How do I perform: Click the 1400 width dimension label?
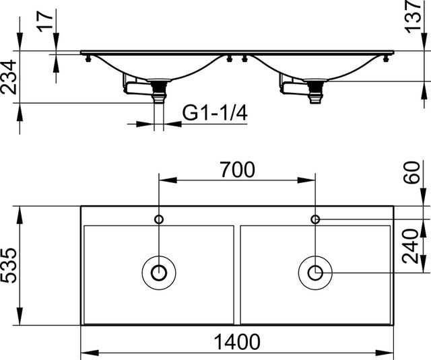click(x=236, y=342)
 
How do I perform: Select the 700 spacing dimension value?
click(x=237, y=170)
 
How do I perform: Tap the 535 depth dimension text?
click(x=8, y=265)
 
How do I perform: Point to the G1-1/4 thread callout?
click(x=215, y=112)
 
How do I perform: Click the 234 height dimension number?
click(x=8, y=77)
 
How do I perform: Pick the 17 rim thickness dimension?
click(x=45, y=21)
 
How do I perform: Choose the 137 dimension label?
click(x=413, y=16)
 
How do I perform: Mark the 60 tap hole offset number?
click(x=411, y=172)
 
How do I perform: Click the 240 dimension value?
click(x=410, y=246)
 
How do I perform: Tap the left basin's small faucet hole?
click(x=159, y=219)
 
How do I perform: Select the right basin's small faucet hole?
click(x=315, y=219)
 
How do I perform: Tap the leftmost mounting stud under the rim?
click(x=88, y=59)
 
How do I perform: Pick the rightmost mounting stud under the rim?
click(x=387, y=59)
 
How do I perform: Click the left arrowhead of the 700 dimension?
click(x=168, y=180)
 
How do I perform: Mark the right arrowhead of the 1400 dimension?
click(x=385, y=353)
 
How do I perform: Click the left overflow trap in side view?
click(x=137, y=85)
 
